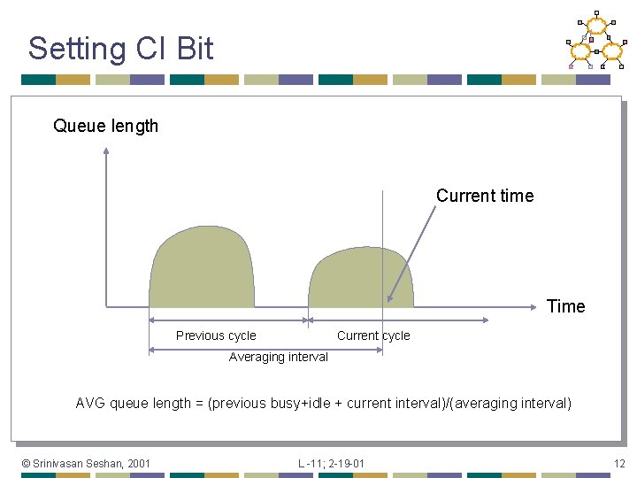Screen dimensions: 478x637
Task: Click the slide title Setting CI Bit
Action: coord(120,48)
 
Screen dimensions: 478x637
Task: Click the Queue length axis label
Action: coord(105,126)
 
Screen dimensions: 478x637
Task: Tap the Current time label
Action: coord(485,196)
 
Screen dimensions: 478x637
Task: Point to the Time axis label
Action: coord(565,306)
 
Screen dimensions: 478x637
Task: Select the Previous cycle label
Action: coord(216,335)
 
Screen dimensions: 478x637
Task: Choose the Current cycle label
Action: coord(373,335)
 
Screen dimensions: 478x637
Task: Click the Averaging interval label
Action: coord(278,357)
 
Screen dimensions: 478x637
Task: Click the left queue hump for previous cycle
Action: coord(202,270)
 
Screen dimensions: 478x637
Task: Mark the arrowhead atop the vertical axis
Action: coord(106,151)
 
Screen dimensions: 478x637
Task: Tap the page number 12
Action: coord(619,463)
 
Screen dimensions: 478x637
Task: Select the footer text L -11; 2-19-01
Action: coord(331,463)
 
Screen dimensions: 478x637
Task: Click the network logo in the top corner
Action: coord(595,41)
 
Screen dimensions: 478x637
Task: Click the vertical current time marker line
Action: coord(382,230)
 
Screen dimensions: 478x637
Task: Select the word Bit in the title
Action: coord(195,48)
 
